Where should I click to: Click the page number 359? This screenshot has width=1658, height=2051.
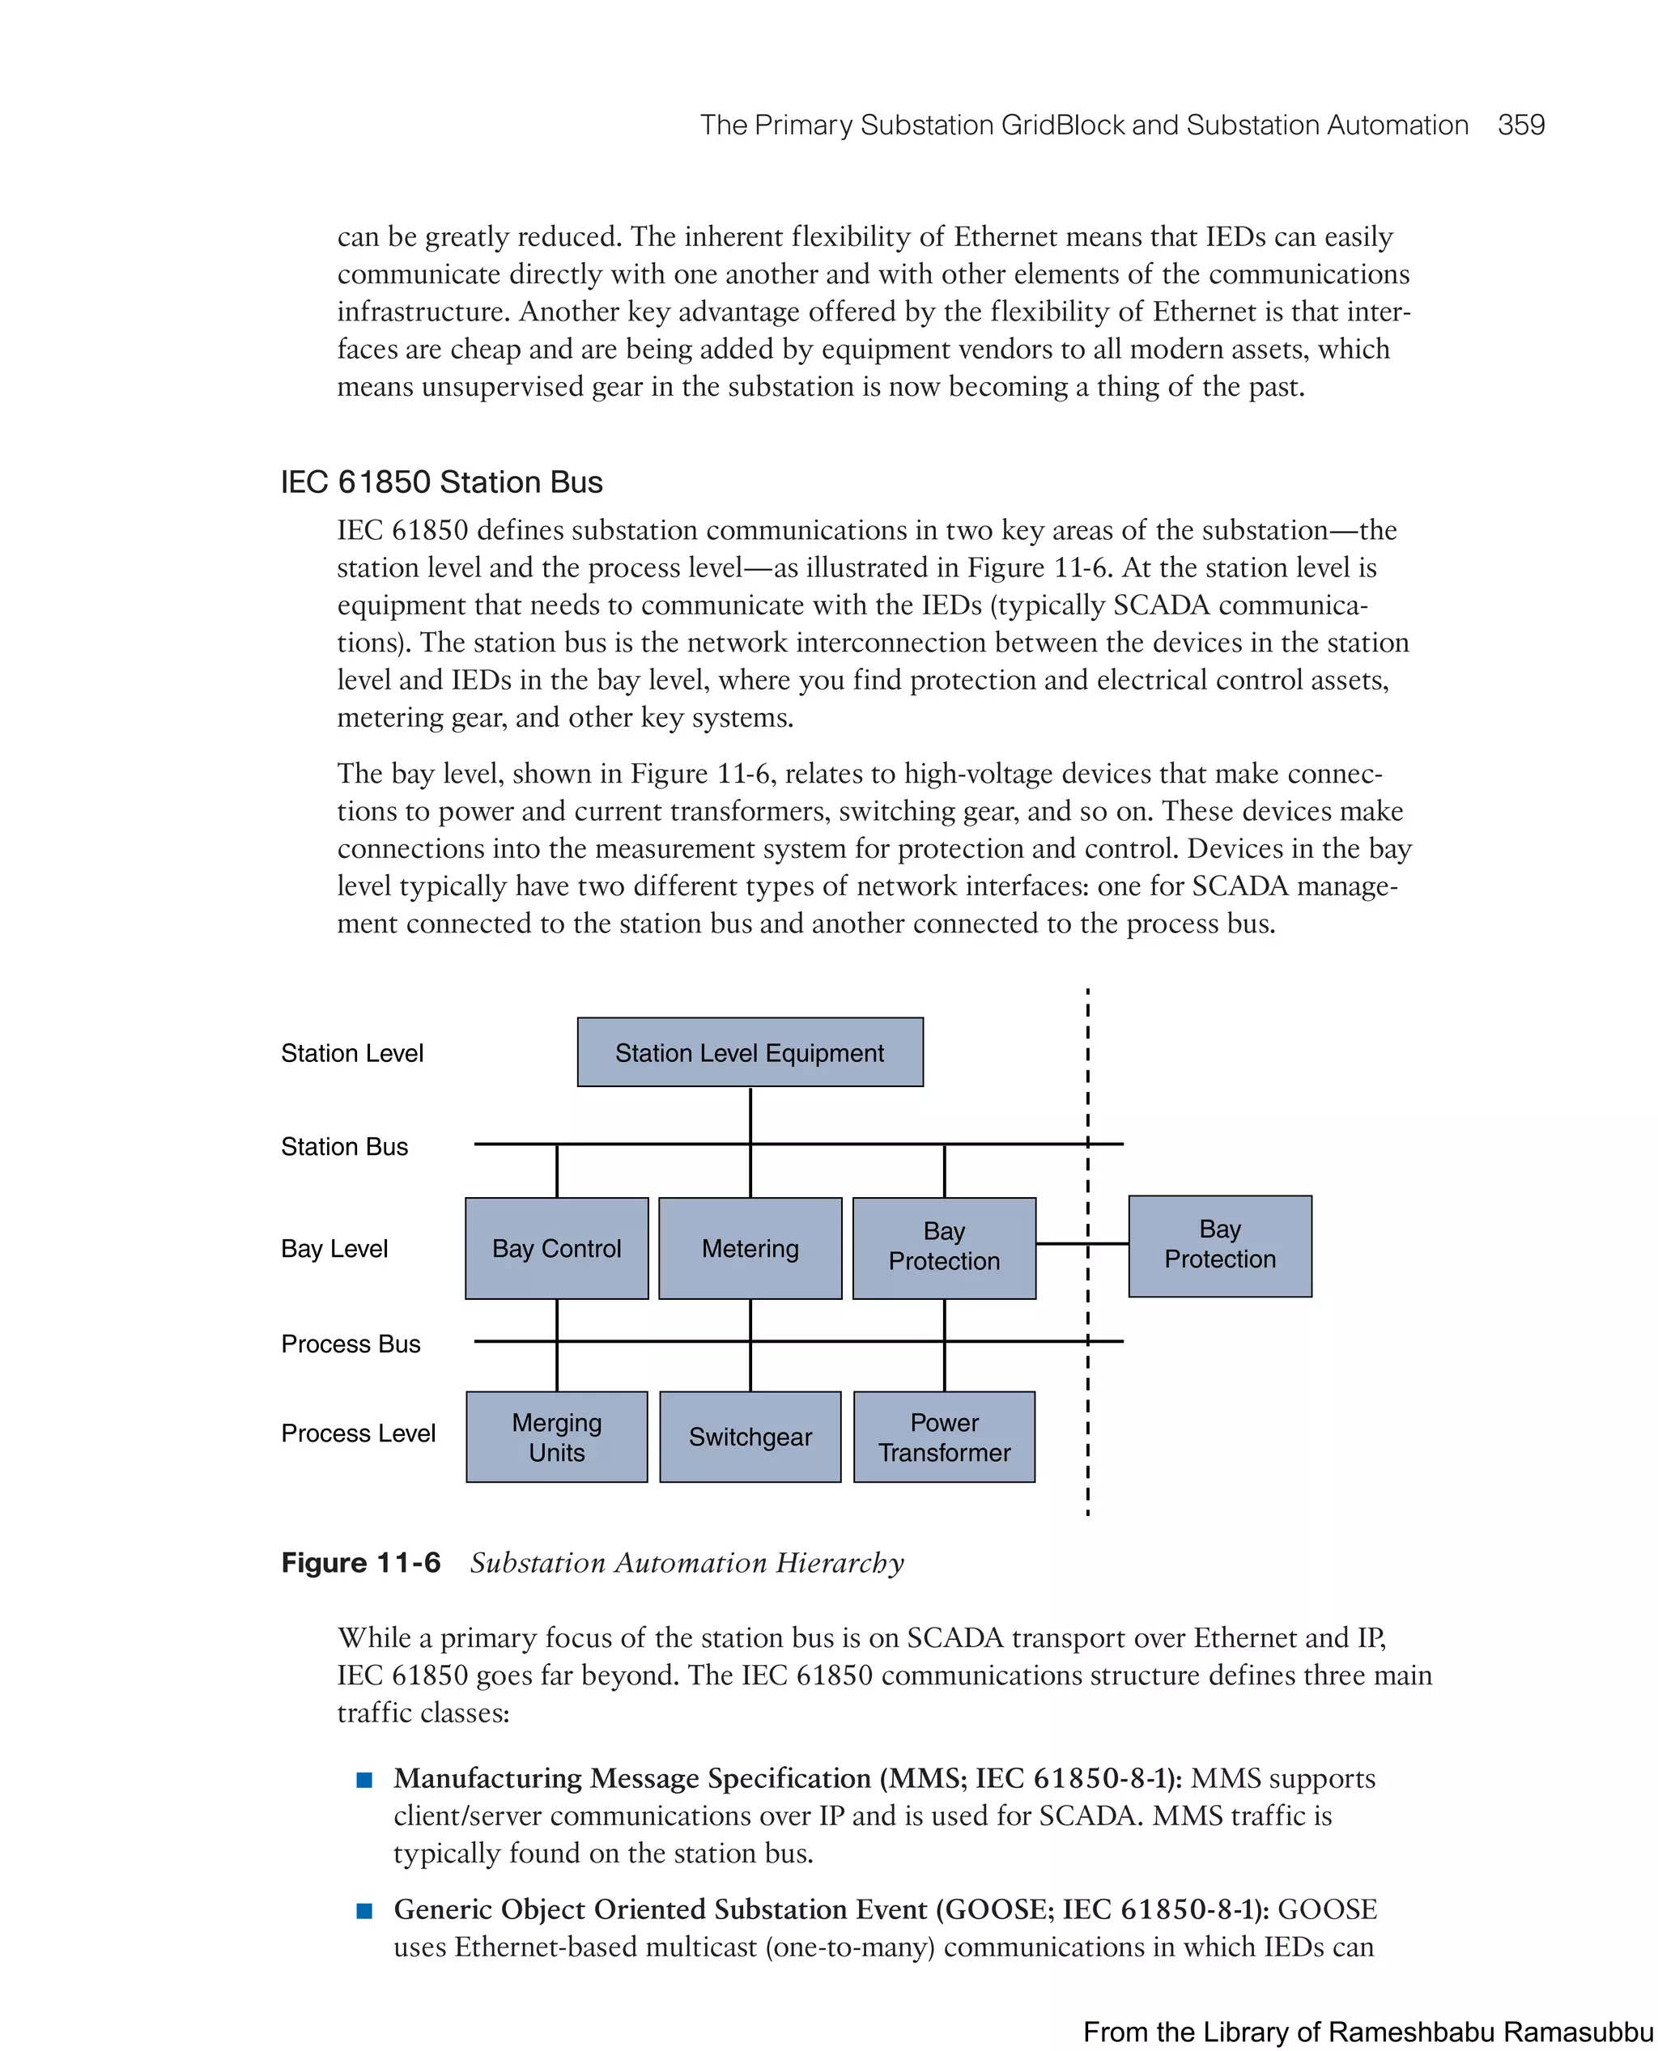(x=1520, y=125)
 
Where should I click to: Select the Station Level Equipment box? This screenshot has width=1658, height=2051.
(x=750, y=1052)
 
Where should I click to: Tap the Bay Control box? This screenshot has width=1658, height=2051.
(x=557, y=1248)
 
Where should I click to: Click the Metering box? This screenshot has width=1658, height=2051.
(x=750, y=1248)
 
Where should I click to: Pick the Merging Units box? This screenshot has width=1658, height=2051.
(x=557, y=1436)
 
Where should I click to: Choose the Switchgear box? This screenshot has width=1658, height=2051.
(x=750, y=1436)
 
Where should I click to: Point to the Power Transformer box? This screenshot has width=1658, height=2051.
(x=944, y=1436)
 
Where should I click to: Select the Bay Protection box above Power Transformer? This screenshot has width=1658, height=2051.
(x=944, y=1248)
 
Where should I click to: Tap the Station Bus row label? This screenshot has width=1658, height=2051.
(x=344, y=1147)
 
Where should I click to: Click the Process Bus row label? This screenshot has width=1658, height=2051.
(x=351, y=1344)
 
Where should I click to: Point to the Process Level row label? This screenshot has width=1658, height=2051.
(x=358, y=1433)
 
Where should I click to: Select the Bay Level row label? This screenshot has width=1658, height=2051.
(x=334, y=1249)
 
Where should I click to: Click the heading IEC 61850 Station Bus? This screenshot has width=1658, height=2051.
(x=441, y=482)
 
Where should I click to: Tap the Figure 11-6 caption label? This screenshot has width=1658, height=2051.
(x=361, y=1563)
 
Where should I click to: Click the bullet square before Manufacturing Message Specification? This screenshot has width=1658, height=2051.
(x=363, y=1779)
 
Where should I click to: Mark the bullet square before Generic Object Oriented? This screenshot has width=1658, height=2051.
(x=363, y=1911)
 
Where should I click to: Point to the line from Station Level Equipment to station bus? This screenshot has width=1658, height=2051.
(x=750, y=1115)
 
